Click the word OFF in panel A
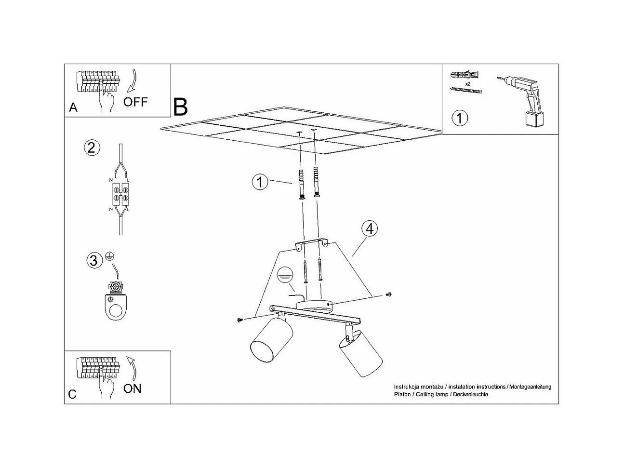(x=135, y=102)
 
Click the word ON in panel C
(x=133, y=388)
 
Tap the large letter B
(x=180, y=107)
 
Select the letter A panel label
(x=73, y=107)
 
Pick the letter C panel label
(x=72, y=394)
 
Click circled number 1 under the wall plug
(x=460, y=118)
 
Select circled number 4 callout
(x=370, y=228)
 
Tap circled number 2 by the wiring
(x=92, y=147)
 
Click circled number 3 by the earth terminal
(x=94, y=261)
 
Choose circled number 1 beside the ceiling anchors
(x=260, y=182)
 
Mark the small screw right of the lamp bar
(x=389, y=294)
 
